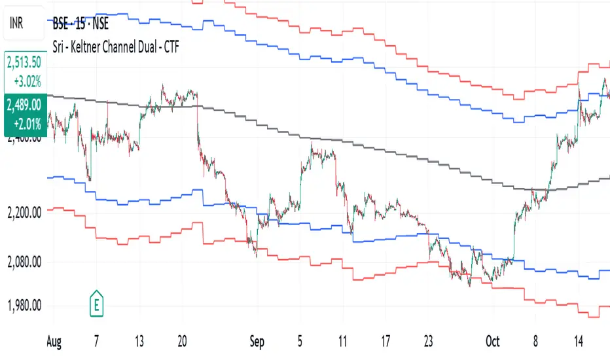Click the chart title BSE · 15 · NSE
click(x=81, y=27)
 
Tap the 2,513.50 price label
click(x=25, y=63)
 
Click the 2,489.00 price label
click(x=25, y=105)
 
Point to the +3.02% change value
click(x=27, y=81)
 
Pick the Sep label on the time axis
click(x=259, y=341)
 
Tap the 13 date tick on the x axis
click(x=139, y=341)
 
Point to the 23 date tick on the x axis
click(x=428, y=341)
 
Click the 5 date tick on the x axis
click(x=300, y=341)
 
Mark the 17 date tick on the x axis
click(x=386, y=341)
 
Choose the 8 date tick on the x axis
click(x=535, y=341)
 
